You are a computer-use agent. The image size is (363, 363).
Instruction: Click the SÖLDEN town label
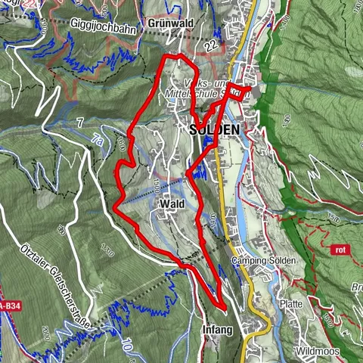213,129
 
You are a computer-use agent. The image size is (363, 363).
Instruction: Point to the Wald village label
172,204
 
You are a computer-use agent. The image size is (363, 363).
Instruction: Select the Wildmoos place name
318,352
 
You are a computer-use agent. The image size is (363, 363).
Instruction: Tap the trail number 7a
97,139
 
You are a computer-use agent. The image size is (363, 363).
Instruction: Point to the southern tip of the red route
223,306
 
